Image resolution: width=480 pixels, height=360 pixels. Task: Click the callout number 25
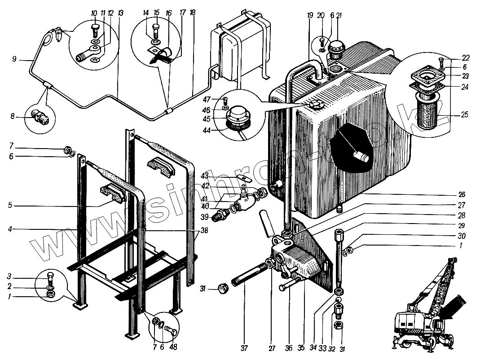464,115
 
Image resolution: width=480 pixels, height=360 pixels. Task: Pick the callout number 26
462,195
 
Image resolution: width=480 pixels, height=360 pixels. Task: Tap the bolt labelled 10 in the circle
94,30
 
